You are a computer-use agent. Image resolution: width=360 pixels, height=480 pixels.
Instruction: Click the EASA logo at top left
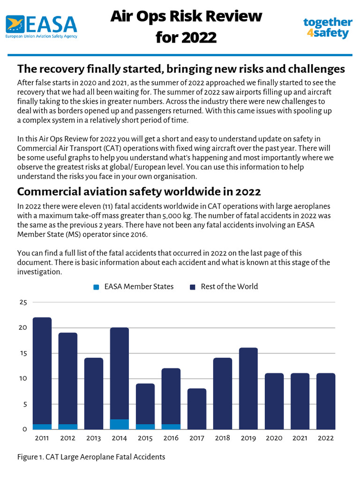click(41, 26)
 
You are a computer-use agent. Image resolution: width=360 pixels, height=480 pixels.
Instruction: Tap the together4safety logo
click(327, 28)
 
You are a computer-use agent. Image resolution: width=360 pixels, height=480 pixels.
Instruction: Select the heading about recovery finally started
click(181, 69)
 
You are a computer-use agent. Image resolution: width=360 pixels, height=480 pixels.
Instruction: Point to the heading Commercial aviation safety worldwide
click(139, 192)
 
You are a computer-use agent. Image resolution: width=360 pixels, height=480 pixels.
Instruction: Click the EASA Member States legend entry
click(134, 286)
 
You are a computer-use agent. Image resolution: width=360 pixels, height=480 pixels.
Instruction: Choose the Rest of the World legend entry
click(224, 286)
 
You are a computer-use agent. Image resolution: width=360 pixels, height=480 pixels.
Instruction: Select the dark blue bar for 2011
click(42, 370)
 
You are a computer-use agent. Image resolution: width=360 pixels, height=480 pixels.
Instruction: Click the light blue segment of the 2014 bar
click(120, 424)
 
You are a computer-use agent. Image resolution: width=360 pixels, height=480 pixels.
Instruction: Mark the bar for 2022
click(326, 401)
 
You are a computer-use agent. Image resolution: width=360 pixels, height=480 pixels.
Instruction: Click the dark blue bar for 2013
click(94, 393)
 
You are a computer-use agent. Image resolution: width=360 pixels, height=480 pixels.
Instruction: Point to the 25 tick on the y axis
click(23, 302)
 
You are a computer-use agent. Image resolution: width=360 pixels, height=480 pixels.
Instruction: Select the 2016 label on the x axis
click(171, 438)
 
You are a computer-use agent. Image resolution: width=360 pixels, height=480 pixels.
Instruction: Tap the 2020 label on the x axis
click(274, 438)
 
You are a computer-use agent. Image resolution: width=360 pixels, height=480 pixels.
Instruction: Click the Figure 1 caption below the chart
click(91, 457)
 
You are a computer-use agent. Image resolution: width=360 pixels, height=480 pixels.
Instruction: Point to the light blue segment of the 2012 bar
click(68, 427)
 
